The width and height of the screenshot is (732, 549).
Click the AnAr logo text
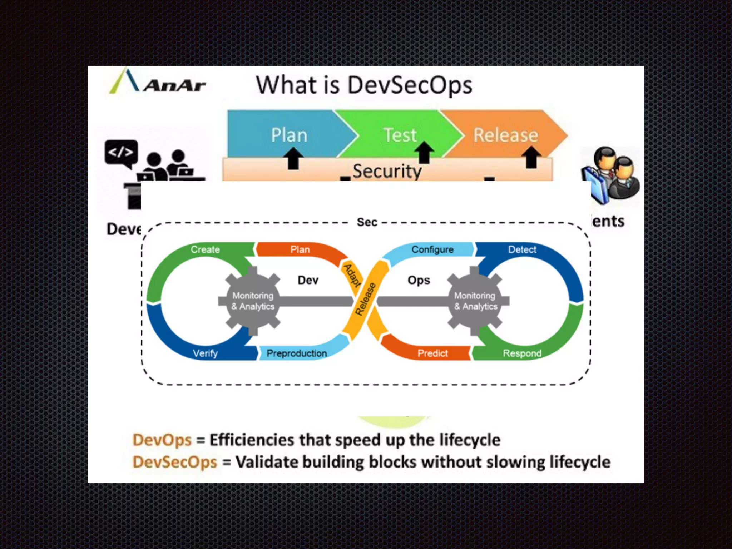click(174, 85)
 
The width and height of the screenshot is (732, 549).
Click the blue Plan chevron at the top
click(289, 135)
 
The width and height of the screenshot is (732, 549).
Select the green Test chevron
click(400, 135)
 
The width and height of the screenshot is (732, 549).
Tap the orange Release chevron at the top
click(505, 135)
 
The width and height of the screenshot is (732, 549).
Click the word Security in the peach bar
click(387, 171)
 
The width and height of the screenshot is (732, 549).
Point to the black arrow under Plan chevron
click(293, 159)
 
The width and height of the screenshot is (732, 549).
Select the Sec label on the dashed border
click(367, 222)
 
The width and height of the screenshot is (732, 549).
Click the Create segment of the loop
click(205, 249)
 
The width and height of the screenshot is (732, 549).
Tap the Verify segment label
click(205, 353)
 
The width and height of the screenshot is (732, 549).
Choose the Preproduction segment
click(297, 353)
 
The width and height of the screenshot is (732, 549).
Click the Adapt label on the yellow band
click(352, 275)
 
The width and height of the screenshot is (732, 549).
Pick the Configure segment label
click(432, 249)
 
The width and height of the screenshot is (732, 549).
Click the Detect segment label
click(522, 249)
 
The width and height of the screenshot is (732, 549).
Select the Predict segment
click(432, 353)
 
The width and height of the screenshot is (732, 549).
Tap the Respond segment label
click(522, 353)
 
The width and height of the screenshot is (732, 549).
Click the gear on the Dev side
click(253, 301)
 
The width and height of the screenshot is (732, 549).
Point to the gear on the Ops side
click(475, 301)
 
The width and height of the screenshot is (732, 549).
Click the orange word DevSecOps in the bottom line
click(175, 462)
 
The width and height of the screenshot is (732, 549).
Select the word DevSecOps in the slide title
click(410, 85)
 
